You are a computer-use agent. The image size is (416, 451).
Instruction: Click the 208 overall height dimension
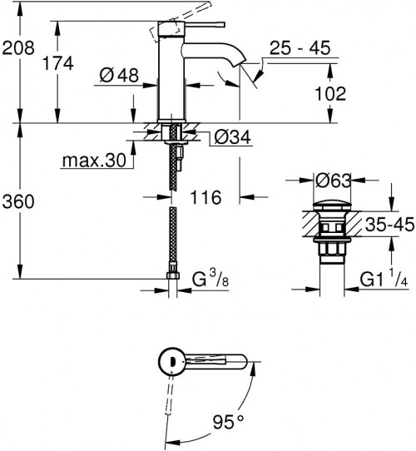click(x=17, y=48)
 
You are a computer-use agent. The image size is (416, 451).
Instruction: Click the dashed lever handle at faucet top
click(x=166, y=32)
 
